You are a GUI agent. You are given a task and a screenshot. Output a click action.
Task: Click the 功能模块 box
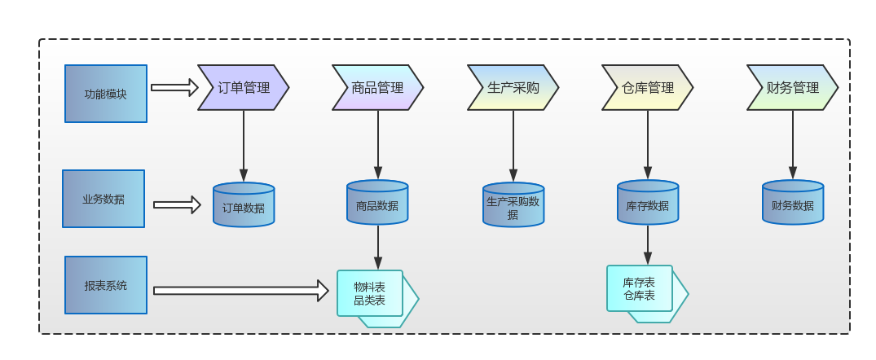click(106, 94)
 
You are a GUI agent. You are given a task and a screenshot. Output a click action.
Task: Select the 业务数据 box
click(103, 199)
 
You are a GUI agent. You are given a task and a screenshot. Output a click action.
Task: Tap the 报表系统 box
click(106, 285)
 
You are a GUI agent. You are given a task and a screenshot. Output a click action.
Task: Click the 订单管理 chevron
click(243, 87)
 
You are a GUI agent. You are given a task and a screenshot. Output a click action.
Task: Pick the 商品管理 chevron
click(377, 87)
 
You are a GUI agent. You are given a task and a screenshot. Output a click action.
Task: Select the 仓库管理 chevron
click(647, 87)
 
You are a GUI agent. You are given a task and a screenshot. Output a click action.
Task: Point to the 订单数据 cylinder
click(244, 205)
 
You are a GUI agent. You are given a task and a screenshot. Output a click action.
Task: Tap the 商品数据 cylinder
click(377, 204)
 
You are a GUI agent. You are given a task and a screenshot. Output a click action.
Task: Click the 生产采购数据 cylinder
click(513, 205)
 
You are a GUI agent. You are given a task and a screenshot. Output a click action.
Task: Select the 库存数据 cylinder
click(648, 204)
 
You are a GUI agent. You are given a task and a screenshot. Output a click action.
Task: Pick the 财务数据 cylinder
click(793, 204)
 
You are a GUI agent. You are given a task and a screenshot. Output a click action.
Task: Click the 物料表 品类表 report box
click(371, 293)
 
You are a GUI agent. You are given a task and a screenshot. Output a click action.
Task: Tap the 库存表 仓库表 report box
click(640, 288)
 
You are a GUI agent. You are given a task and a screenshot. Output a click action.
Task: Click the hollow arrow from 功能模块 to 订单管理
click(174, 87)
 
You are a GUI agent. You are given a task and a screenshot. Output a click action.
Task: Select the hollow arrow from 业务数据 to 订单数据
click(177, 205)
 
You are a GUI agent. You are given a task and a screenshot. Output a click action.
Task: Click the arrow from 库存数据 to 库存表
click(648, 244)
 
